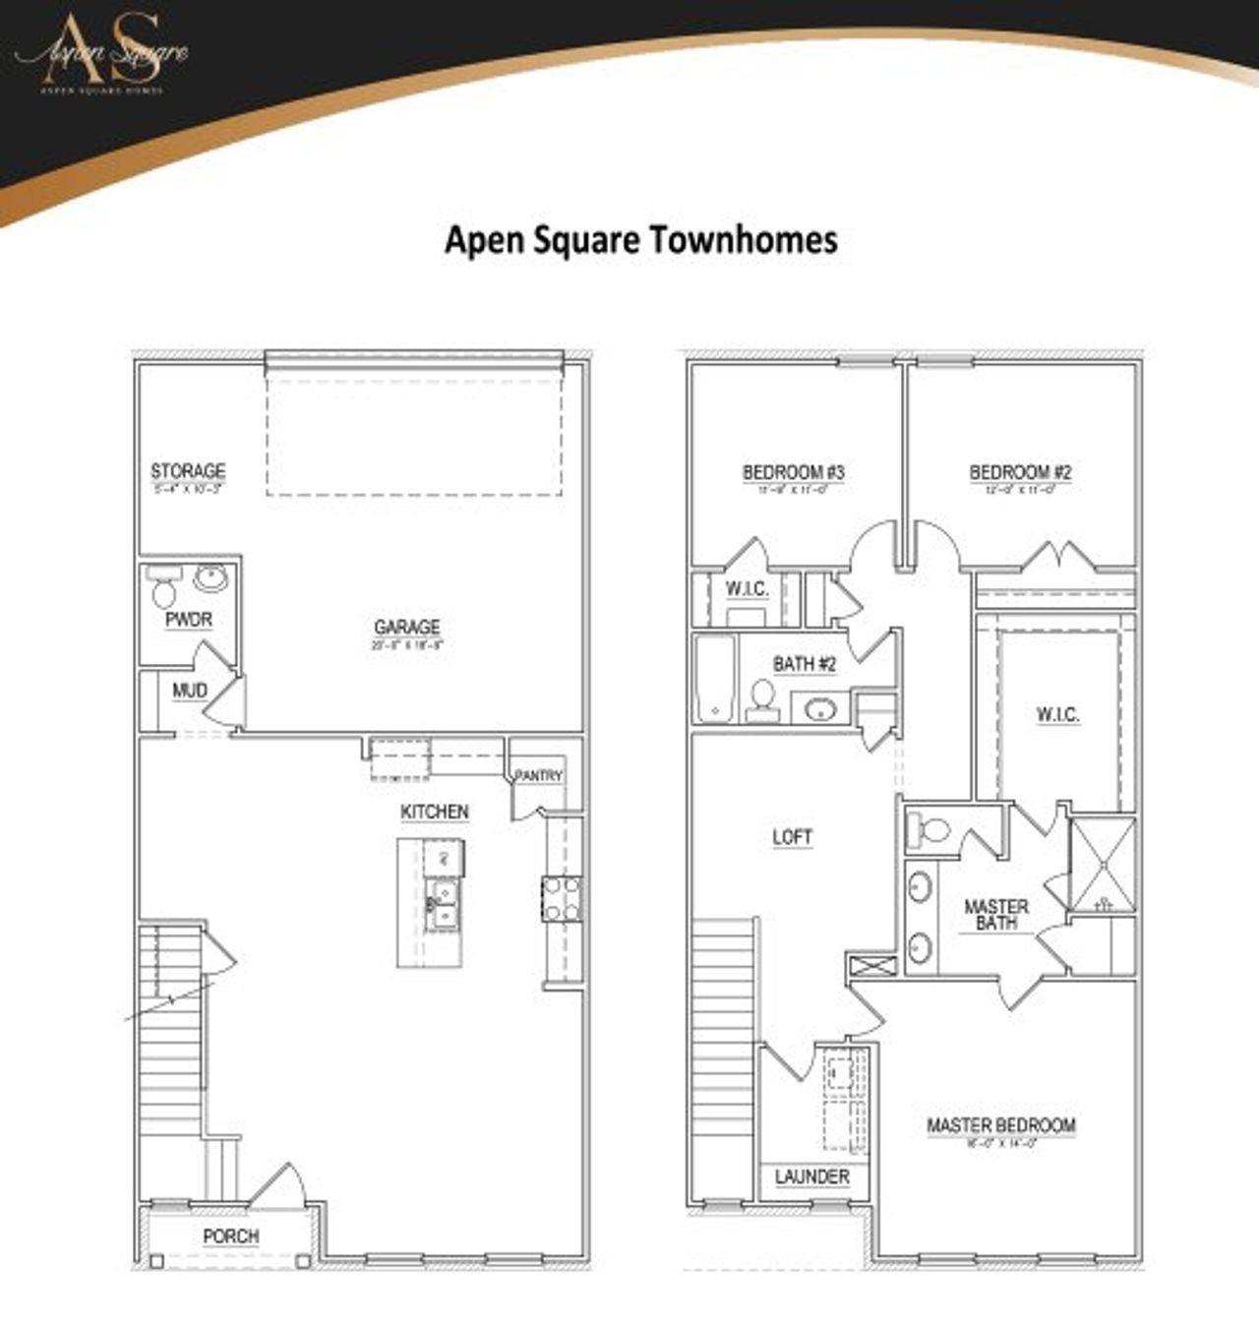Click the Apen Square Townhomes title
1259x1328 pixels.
pos(640,240)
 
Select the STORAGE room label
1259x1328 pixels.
pos(188,471)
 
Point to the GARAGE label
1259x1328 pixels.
pos(407,627)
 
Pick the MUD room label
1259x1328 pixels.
pos(189,691)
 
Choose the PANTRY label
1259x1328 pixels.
pos(539,776)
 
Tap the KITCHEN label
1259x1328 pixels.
pos(434,812)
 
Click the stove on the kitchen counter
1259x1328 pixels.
pos(561,899)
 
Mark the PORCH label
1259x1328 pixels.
pos(231,1237)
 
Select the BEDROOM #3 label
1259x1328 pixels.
pos(793,472)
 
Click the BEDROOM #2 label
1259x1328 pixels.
pos(1020,472)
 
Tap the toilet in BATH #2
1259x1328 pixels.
pos(760,696)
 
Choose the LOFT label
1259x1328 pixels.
pos(792,837)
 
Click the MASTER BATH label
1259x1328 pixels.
pos(996,915)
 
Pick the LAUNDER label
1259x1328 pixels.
pos(811,1177)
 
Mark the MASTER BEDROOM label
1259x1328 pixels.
pos(1001,1125)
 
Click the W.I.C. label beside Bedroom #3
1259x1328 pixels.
pos(748,589)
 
